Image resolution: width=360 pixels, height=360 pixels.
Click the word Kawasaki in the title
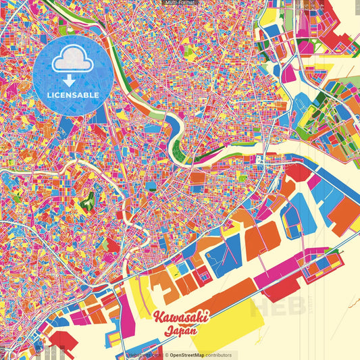pos(181,316)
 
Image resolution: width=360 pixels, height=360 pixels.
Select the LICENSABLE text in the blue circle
pos(73,95)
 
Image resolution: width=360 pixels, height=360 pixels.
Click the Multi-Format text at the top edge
pos(180,3)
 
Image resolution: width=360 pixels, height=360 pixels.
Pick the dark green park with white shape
pos(86,201)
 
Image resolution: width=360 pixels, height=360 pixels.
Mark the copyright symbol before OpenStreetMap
pos(166,355)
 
